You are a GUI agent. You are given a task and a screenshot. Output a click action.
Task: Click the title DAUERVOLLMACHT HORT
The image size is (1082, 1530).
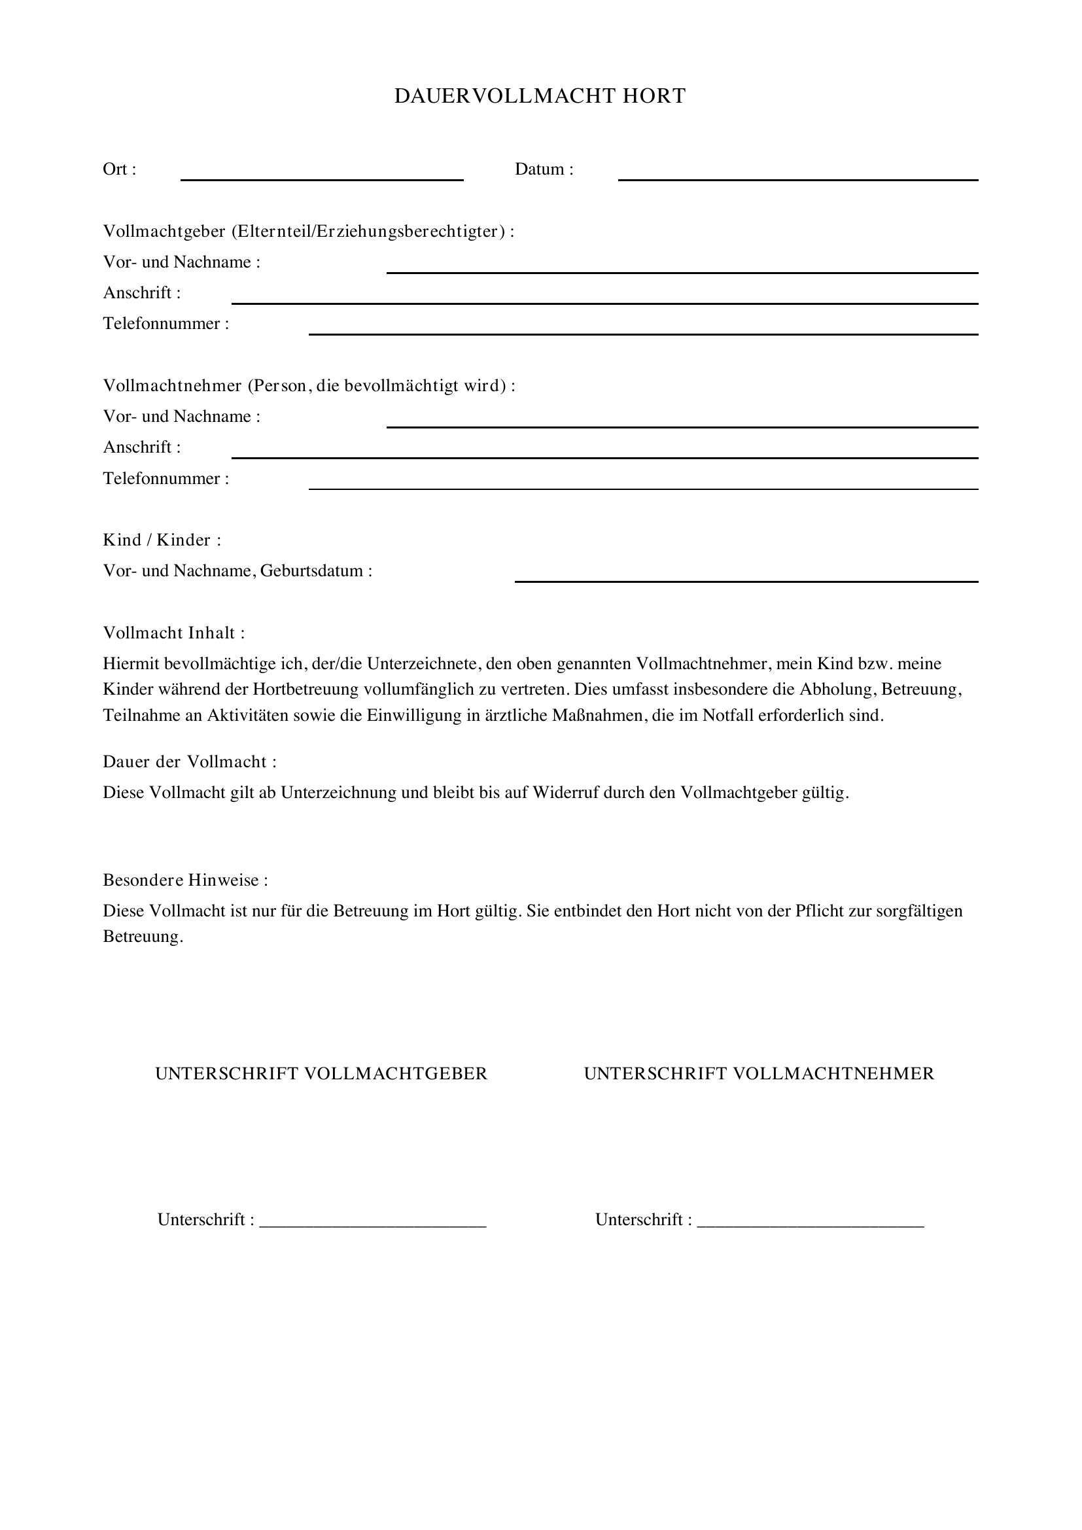point(540,96)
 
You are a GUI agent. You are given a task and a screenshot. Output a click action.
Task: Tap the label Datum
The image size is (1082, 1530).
point(543,169)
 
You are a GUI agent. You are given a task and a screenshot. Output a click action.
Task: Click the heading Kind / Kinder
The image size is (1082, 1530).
point(162,540)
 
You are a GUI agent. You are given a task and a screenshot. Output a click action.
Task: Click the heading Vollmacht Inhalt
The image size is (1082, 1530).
point(174,633)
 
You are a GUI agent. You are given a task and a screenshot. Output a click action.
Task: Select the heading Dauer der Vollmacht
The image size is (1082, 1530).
point(189,761)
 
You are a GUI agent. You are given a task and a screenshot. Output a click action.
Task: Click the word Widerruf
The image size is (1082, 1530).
point(566,793)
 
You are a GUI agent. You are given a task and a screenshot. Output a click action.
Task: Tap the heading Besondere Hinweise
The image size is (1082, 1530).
point(185,880)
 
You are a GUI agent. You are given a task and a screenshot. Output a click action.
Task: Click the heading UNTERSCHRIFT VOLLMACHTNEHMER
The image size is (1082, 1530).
point(759,1073)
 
